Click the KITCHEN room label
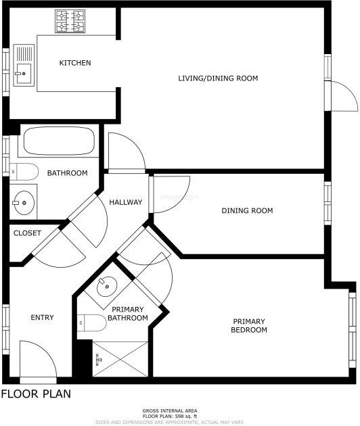75,63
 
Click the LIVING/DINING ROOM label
218,78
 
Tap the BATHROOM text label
67,173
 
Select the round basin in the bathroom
24,200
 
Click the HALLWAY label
126,202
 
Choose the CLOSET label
27,233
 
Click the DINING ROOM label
247,210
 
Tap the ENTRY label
42,317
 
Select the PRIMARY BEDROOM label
250,325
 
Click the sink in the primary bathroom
108,287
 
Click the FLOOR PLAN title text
35,394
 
